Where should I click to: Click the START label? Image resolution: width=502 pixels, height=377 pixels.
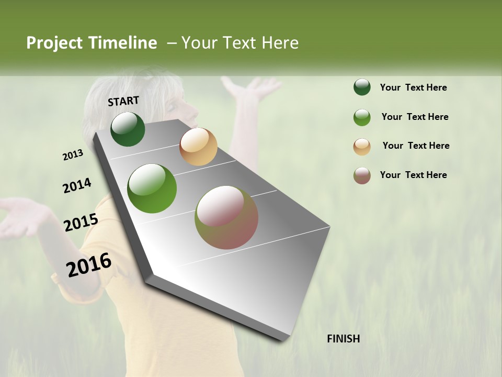click(x=123, y=101)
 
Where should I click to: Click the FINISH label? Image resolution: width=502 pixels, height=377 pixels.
click(x=343, y=339)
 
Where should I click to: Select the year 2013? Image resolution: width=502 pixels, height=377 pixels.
click(x=73, y=155)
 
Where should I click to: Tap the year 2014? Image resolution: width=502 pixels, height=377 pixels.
click(x=77, y=185)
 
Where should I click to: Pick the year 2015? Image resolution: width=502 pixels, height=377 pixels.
click(x=81, y=223)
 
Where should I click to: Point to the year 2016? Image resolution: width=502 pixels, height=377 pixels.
click(x=89, y=265)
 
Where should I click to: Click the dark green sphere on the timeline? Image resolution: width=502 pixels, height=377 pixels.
click(x=128, y=129)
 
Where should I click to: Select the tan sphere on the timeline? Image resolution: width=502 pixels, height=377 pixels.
click(x=198, y=147)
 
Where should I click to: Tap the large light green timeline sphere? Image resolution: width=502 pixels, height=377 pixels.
click(x=152, y=188)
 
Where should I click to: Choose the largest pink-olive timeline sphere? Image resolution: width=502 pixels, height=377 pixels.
click(x=226, y=217)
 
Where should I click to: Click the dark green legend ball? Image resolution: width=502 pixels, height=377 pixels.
click(x=362, y=87)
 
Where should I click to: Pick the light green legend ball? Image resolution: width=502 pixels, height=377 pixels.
click(x=362, y=117)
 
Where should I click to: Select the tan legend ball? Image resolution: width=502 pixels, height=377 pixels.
click(x=362, y=147)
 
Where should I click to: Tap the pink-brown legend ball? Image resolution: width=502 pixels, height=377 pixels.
click(x=362, y=175)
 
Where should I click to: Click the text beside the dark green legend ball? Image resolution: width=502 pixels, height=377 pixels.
click(x=413, y=87)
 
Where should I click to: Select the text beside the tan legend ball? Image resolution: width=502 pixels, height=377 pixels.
click(x=416, y=146)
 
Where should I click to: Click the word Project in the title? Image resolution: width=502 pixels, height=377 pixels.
click(x=54, y=43)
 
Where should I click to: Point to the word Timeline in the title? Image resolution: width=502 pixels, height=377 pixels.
click(x=123, y=43)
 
